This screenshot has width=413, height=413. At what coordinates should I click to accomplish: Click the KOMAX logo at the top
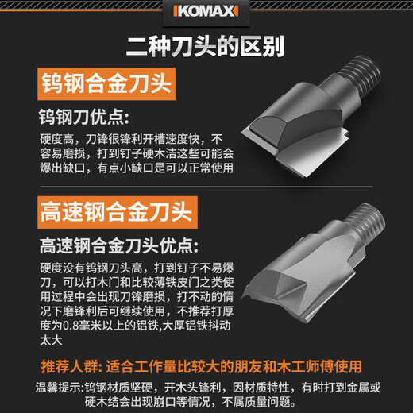pos(206,14)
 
